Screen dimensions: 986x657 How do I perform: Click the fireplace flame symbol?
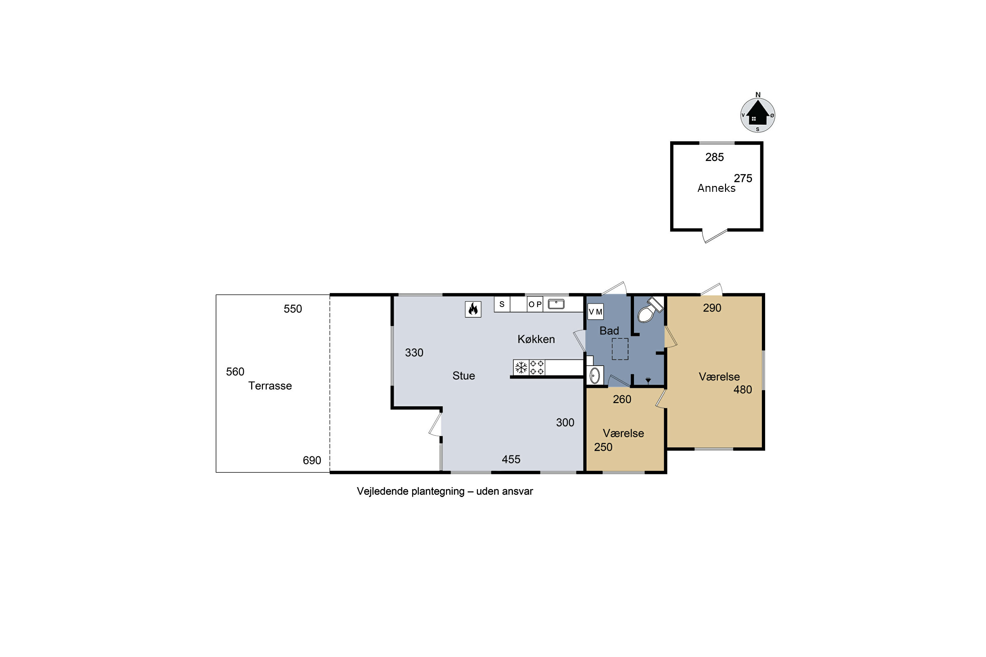[473, 309]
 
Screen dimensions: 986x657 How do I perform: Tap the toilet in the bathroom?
[649, 310]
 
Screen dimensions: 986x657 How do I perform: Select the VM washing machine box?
[595, 312]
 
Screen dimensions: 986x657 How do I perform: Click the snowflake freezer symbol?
[521, 368]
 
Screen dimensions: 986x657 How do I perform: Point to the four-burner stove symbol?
[537, 368]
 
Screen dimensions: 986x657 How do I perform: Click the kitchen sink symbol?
[556, 304]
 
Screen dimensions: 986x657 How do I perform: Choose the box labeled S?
[502, 304]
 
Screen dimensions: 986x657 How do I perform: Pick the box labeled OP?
[535, 304]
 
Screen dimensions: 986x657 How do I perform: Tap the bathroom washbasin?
[595, 375]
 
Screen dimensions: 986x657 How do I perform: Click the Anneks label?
[716, 188]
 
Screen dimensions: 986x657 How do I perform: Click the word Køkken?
[536, 339]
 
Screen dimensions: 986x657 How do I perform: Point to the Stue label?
[464, 376]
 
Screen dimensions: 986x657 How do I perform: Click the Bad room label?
[609, 330]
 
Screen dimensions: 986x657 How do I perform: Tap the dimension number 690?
[312, 461]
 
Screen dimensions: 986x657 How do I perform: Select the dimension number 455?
[511, 460]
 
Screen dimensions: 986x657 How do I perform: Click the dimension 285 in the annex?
[714, 157]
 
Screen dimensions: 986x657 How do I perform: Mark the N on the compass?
[758, 95]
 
